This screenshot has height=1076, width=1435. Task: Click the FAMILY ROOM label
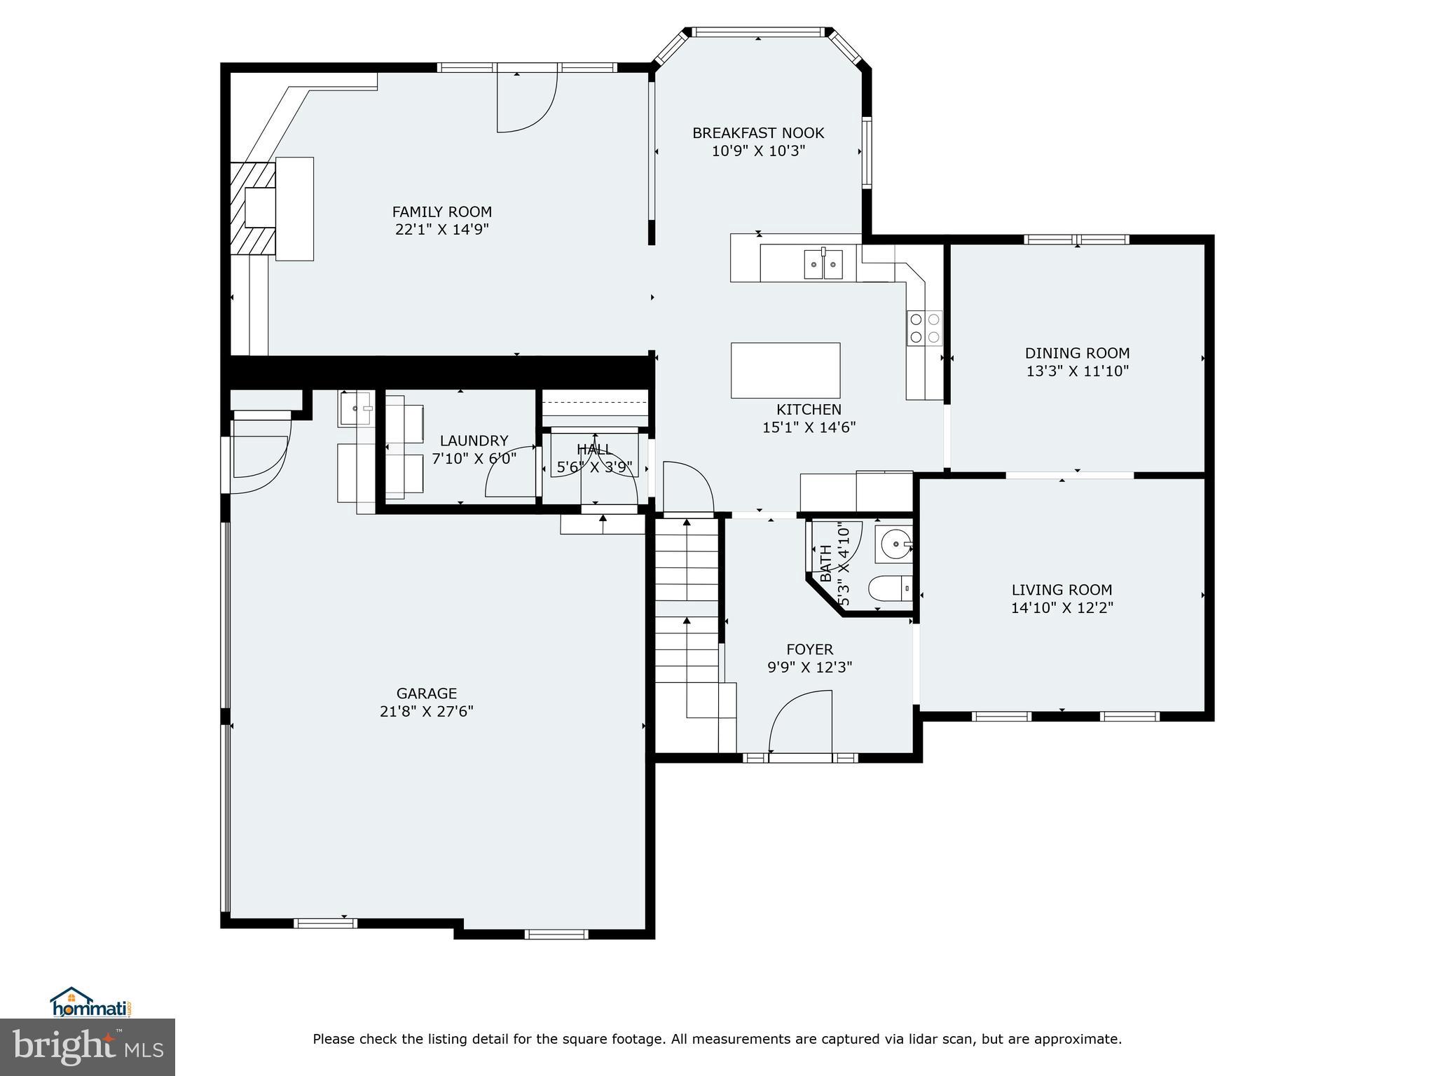[x=441, y=212]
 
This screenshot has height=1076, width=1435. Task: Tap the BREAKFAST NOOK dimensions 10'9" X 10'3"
[x=758, y=151]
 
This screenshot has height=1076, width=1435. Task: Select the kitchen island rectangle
[x=785, y=370]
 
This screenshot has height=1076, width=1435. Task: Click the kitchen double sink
[x=823, y=263]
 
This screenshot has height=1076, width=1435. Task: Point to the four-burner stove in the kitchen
[x=925, y=328]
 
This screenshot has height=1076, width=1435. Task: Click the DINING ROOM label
[x=1077, y=353]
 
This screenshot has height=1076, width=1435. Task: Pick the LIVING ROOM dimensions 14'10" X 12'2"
[x=1062, y=608]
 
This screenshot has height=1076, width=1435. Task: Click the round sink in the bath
[x=894, y=544]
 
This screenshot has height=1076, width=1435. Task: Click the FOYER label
[x=809, y=649]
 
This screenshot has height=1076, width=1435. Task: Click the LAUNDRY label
[x=474, y=441]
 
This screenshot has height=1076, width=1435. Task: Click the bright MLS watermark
[x=88, y=1047]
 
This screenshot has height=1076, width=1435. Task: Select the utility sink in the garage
[x=356, y=409]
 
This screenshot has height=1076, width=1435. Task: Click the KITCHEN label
[x=809, y=409]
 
